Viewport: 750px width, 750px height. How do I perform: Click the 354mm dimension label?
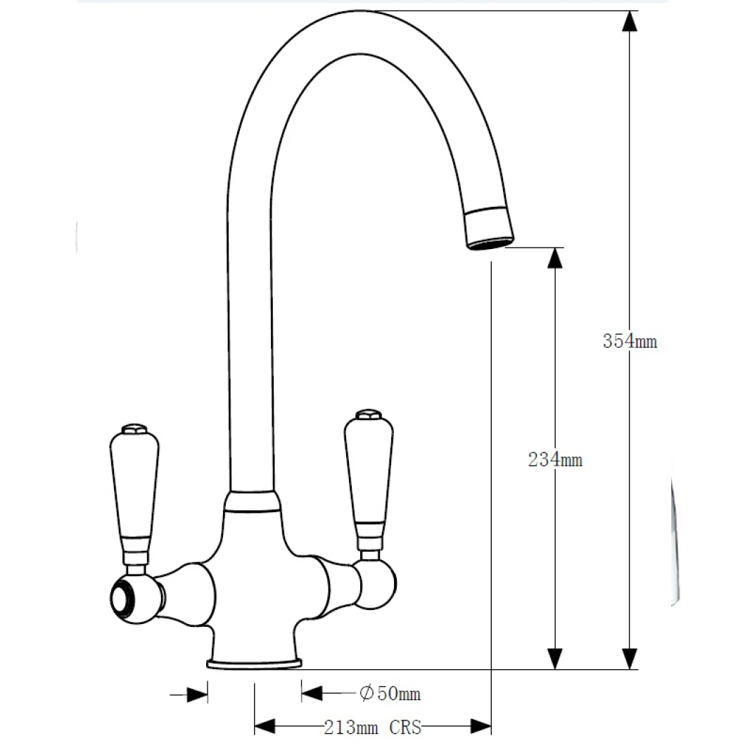tap(630, 341)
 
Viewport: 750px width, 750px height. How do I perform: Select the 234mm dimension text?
tap(555, 460)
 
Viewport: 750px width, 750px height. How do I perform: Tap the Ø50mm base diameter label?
tap(390, 694)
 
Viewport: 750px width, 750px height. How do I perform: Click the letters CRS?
tap(405, 727)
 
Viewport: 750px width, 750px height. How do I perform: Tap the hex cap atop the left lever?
tap(134, 429)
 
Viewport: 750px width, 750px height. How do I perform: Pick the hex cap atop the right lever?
tap(367, 414)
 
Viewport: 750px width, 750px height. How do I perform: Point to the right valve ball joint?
tap(376, 583)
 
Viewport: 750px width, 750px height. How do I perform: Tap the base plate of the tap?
tap(255, 663)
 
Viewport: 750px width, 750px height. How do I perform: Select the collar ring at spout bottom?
tap(251, 501)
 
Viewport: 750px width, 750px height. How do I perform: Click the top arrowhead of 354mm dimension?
tap(630, 21)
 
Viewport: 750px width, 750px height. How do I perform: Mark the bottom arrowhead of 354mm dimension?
tap(630, 659)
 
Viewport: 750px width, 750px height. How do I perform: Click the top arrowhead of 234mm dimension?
tap(555, 258)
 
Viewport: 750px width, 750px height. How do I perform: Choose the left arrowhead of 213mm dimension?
tap(264, 727)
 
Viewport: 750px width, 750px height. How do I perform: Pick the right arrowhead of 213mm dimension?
tap(481, 727)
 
